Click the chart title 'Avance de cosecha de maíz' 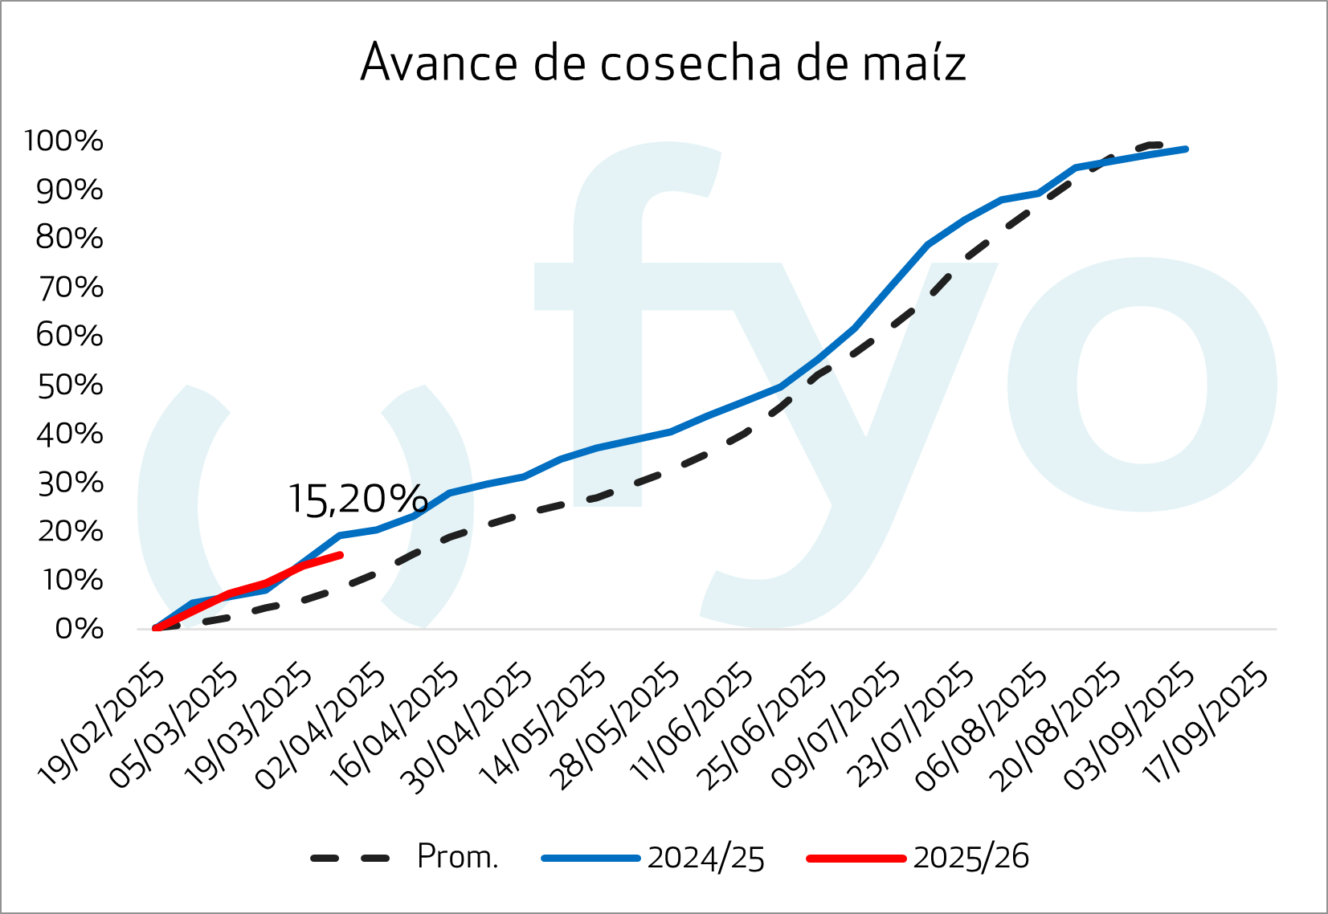(x=663, y=62)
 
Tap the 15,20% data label (x=358, y=500)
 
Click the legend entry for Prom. (x=457, y=857)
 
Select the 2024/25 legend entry (x=705, y=858)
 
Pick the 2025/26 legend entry (x=970, y=857)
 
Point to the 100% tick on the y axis (x=64, y=141)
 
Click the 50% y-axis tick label (x=71, y=386)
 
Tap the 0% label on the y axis (x=80, y=629)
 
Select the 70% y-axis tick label (x=71, y=288)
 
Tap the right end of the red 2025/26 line (x=341, y=555)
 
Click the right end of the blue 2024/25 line (x=1186, y=149)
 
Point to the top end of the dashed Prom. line (x=1157, y=145)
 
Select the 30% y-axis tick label (x=71, y=483)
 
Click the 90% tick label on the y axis (x=71, y=190)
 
